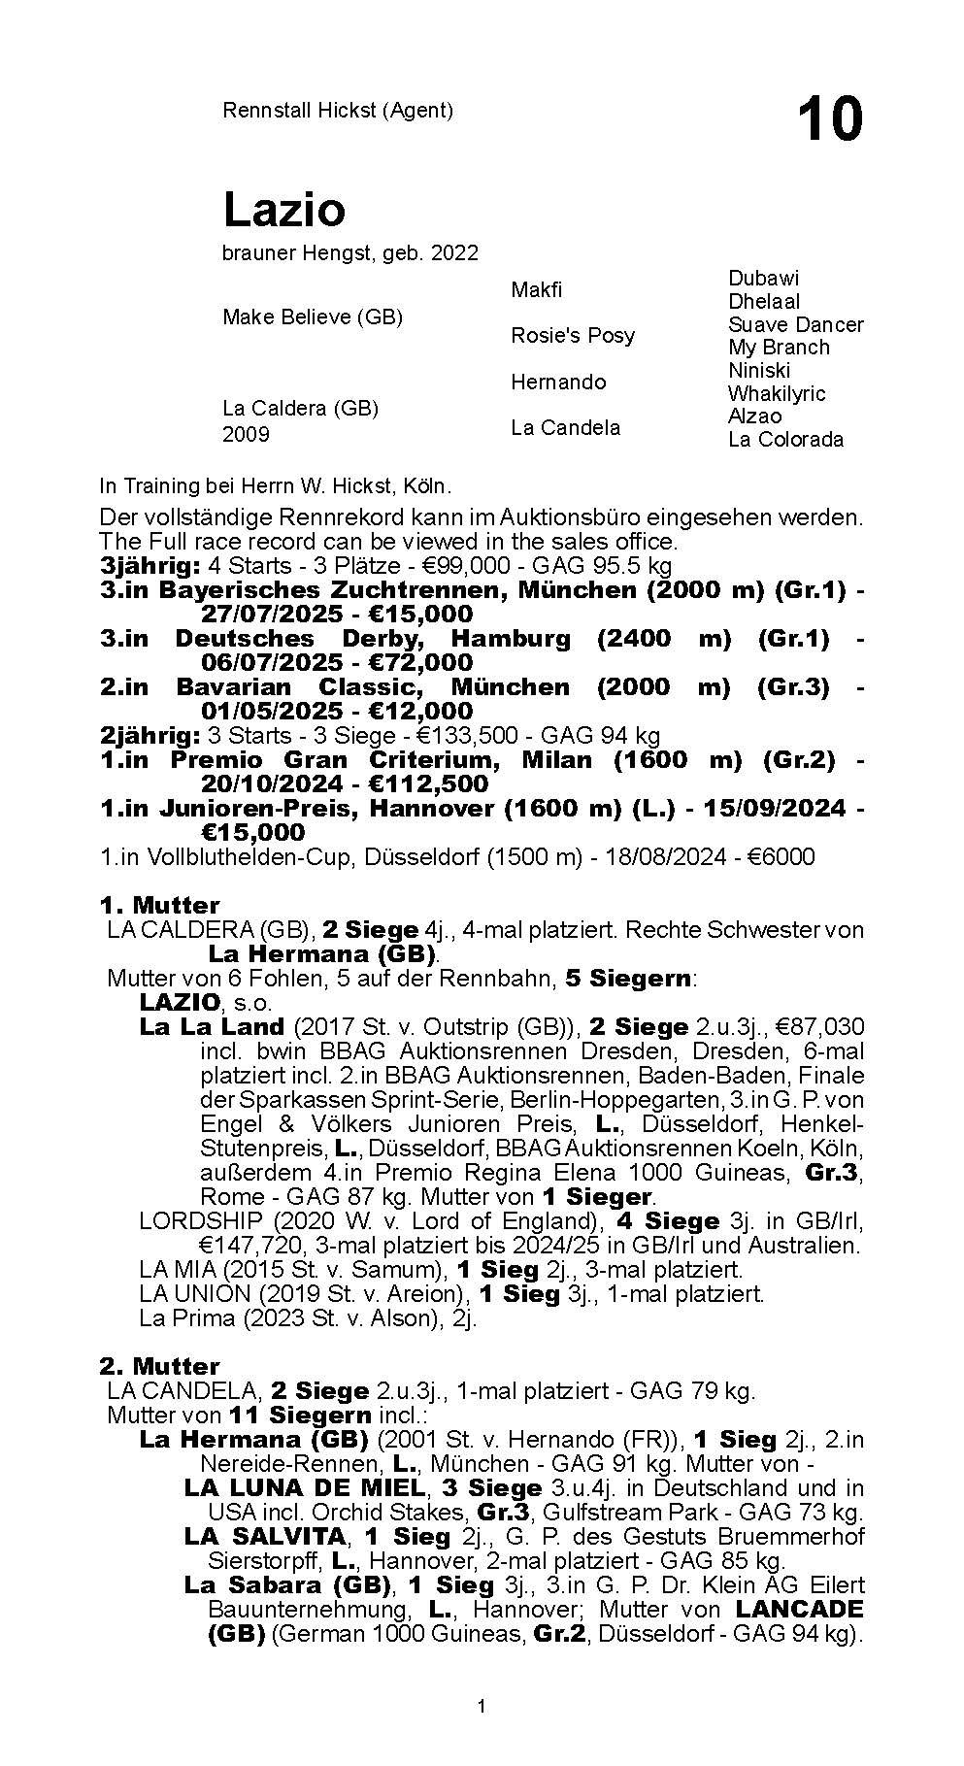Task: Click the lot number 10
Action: pyautogui.click(x=829, y=119)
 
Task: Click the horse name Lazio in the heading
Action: pyautogui.click(x=283, y=209)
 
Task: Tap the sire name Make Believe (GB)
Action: pyautogui.click(x=312, y=317)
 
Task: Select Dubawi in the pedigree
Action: pyautogui.click(x=763, y=279)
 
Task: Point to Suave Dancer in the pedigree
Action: pyautogui.click(x=795, y=324)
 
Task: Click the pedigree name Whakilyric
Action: pyautogui.click(x=777, y=393)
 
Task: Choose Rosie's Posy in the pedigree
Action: pyautogui.click(x=573, y=336)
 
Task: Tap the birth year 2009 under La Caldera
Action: pyautogui.click(x=246, y=434)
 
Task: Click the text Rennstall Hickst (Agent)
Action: pyautogui.click(x=338, y=111)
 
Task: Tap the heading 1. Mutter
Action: pyautogui.click(x=159, y=906)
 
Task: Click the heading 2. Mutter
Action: pyautogui.click(x=159, y=1367)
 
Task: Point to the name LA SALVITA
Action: pyautogui.click(x=264, y=1537)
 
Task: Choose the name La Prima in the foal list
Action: pyautogui.click(x=177, y=1318)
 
